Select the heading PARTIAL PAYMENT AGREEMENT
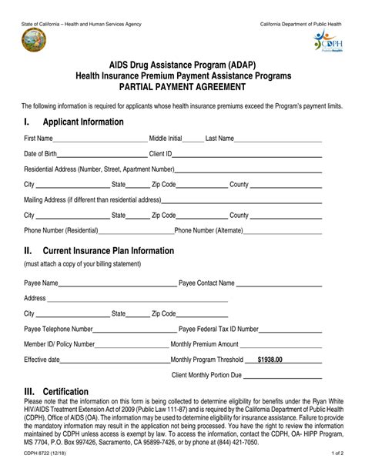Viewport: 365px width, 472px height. point(182,86)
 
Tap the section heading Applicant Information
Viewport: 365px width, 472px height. point(82,122)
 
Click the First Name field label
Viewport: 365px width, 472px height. point(39,138)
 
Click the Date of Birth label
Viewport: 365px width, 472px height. point(40,153)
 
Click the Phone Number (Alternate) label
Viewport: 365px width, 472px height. point(209,230)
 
